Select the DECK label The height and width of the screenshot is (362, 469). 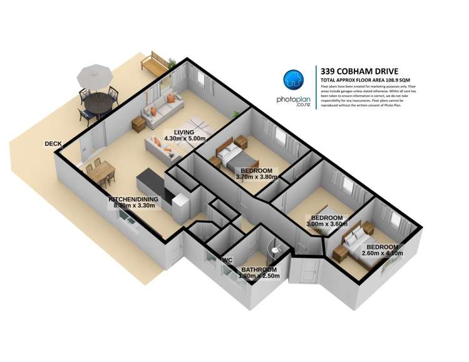[53, 144]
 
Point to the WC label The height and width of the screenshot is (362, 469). [227, 259]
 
